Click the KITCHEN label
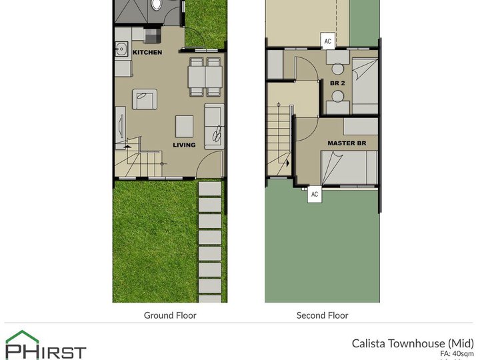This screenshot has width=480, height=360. [147, 52]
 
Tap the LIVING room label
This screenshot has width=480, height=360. [184, 145]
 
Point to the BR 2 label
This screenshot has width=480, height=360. [337, 83]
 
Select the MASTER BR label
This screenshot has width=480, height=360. [351, 143]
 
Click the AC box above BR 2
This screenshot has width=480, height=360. [327, 41]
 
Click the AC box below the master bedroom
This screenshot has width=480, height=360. [314, 194]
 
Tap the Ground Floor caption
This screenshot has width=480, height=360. [170, 315]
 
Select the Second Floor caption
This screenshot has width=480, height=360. [322, 315]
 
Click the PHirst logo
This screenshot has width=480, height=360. [45, 345]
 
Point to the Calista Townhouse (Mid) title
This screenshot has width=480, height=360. [413, 343]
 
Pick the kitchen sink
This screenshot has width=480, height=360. [122, 48]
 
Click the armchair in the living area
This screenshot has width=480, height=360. [145, 99]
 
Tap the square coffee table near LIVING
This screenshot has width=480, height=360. [185, 125]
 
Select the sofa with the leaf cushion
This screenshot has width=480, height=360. [214, 126]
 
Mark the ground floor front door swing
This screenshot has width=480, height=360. [211, 164]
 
